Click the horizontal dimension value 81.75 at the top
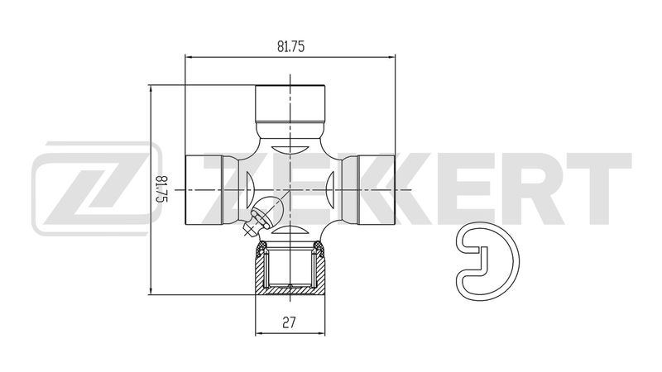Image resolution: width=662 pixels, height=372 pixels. point(290,46)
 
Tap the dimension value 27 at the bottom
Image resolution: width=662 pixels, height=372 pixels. point(289,322)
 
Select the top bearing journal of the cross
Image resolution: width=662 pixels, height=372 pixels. point(290,104)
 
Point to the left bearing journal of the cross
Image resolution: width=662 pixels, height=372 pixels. point(204,190)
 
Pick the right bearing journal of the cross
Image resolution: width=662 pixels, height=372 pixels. point(377,190)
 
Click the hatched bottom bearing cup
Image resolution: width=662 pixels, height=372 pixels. point(290,268)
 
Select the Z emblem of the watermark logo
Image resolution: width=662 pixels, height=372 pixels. point(96,188)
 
